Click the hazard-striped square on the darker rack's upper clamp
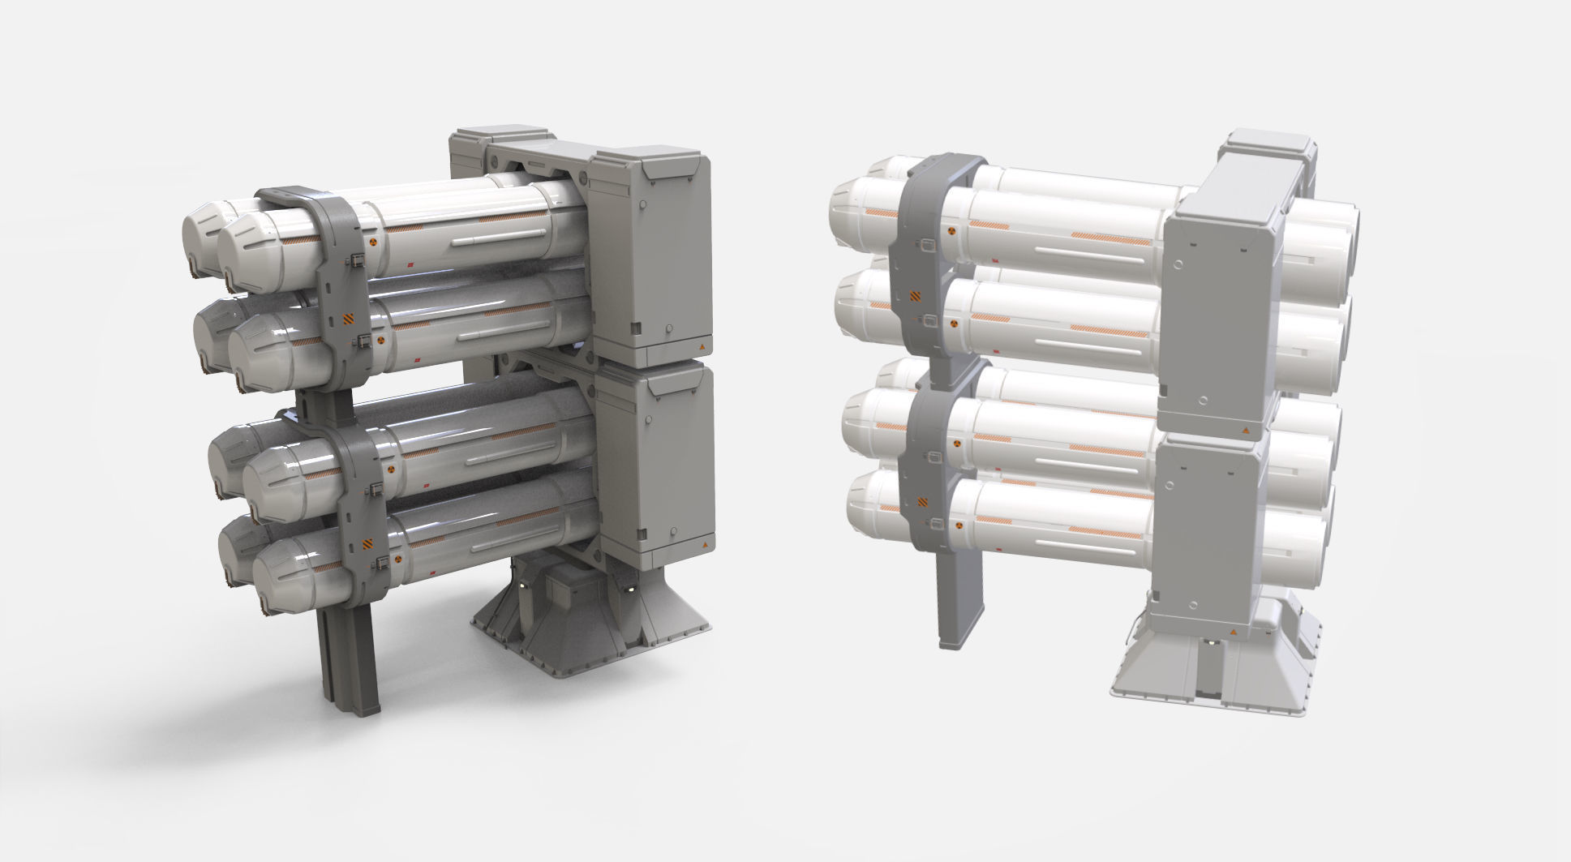click(348, 319)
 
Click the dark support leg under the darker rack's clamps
click(349, 665)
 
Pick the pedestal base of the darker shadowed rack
click(592, 624)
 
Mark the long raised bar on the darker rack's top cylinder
click(498, 238)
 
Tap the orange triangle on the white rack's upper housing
click(1243, 427)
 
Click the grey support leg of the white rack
click(960, 600)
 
